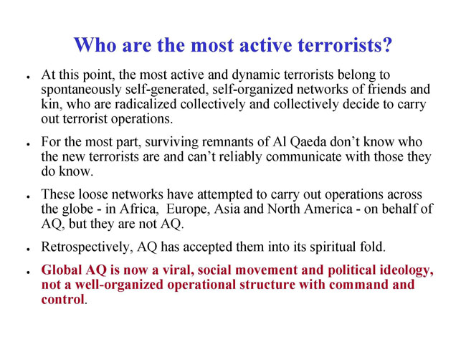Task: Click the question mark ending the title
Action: (x=386, y=45)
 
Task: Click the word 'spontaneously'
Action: (x=81, y=90)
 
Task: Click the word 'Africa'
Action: (x=139, y=209)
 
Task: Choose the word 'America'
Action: (x=328, y=209)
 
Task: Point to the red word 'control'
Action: (x=63, y=299)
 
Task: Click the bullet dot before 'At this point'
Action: (x=28, y=77)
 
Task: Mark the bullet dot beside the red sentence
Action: (x=28, y=273)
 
